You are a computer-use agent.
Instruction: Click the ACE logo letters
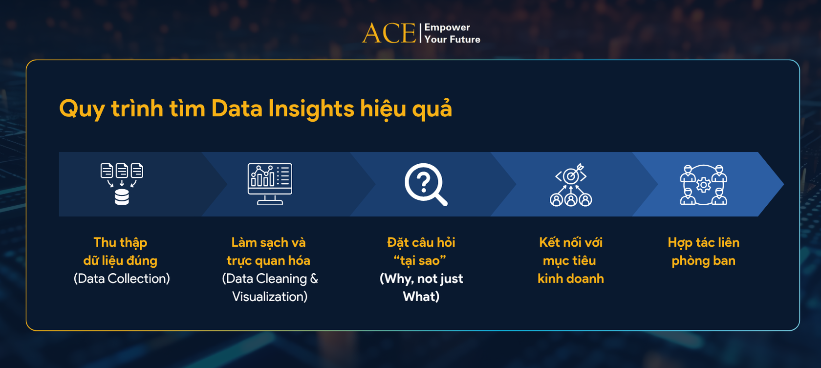pos(389,33)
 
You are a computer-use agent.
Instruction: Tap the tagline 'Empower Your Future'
pos(452,33)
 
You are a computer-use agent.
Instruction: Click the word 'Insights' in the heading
pos(311,108)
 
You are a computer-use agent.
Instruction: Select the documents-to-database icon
pos(122,184)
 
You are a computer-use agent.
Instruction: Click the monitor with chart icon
pos(270,184)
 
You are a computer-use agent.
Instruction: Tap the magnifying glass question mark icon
pos(426,184)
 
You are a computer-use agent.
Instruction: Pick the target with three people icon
pos(570,185)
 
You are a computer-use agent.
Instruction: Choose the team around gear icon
pos(703,185)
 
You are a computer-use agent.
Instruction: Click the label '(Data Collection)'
pos(122,279)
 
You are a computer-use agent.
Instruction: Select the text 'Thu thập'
pos(120,242)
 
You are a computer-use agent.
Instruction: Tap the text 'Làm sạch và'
pos(268,242)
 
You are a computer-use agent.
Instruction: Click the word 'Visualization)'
pos(270,297)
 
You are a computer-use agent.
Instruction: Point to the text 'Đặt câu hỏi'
pos(421,242)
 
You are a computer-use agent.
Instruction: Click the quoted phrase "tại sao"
pos(420,260)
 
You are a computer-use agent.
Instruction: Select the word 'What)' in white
pos(421,297)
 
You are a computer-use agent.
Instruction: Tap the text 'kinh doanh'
pos(570,279)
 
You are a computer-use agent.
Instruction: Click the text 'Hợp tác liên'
pos(703,242)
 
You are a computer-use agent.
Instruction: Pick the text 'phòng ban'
pos(703,260)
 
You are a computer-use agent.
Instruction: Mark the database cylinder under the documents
pos(122,197)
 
